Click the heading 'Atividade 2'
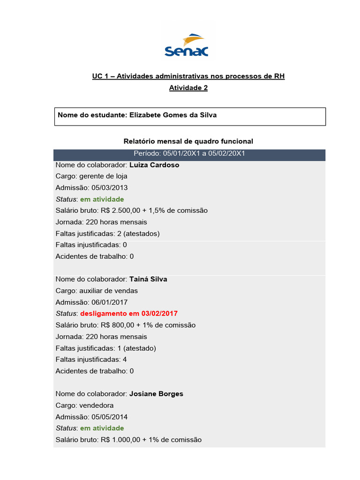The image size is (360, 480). (x=188, y=88)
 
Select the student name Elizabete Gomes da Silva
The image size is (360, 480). (x=173, y=115)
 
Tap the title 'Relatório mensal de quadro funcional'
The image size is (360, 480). (x=188, y=141)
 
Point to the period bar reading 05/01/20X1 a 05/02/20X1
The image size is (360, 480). (x=189, y=153)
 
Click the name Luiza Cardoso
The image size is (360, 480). (x=154, y=165)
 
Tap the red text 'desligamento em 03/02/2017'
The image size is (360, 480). (x=129, y=313)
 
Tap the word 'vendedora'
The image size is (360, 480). (x=97, y=405)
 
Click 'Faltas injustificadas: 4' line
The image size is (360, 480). (x=91, y=360)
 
